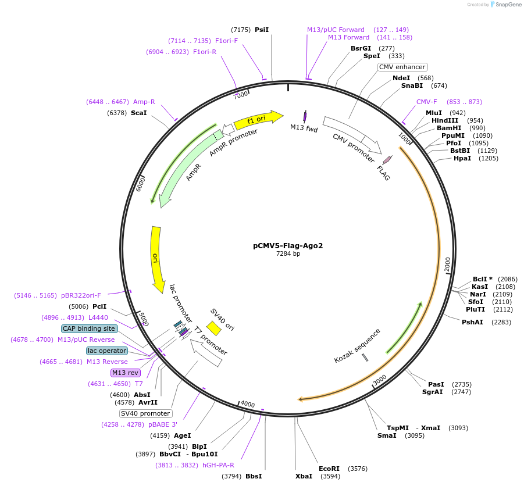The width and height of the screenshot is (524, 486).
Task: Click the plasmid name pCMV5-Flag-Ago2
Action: [x=288, y=245]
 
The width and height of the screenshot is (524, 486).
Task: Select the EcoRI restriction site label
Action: [x=329, y=469]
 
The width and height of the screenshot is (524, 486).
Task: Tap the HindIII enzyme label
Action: [x=445, y=120]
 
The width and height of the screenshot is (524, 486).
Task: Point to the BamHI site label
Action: [x=449, y=128]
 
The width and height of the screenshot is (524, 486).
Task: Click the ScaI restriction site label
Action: [x=138, y=113]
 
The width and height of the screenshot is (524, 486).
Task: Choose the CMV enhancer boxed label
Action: [x=402, y=67]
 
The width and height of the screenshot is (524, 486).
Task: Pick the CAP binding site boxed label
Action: [x=90, y=328]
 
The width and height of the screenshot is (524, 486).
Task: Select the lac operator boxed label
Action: [x=106, y=351]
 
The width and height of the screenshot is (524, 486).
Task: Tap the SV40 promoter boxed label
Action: [x=145, y=413]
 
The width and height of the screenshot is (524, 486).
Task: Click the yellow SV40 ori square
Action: [x=213, y=328]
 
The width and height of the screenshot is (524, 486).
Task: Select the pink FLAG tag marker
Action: [x=387, y=159]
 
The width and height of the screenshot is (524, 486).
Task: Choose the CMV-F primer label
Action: [x=426, y=102]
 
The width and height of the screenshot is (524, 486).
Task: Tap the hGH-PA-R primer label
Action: [x=218, y=465]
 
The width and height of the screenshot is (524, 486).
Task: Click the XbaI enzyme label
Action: [x=304, y=476]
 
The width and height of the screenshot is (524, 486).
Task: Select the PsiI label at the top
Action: [x=262, y=30]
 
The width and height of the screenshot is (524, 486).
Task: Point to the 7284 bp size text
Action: [x=288, y=253]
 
